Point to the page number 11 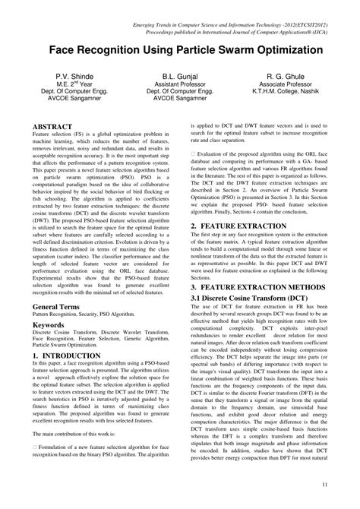(324, 485)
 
